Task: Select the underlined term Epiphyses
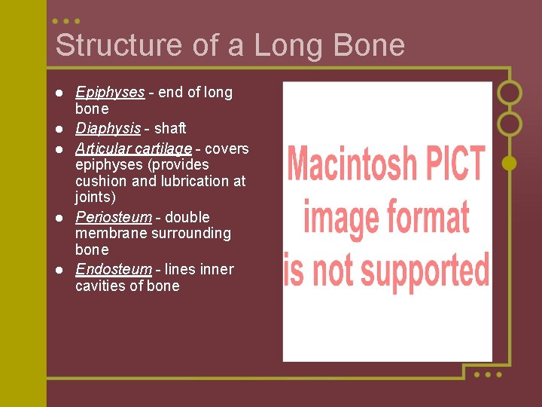[x=110, y=93]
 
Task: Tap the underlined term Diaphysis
[x=108, y=129]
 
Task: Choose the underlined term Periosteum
[x=114, y=217]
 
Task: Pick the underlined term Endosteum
[x=113, y=269]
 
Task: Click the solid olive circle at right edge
[x=510, y=163]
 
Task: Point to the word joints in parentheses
[x=94, y=197]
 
